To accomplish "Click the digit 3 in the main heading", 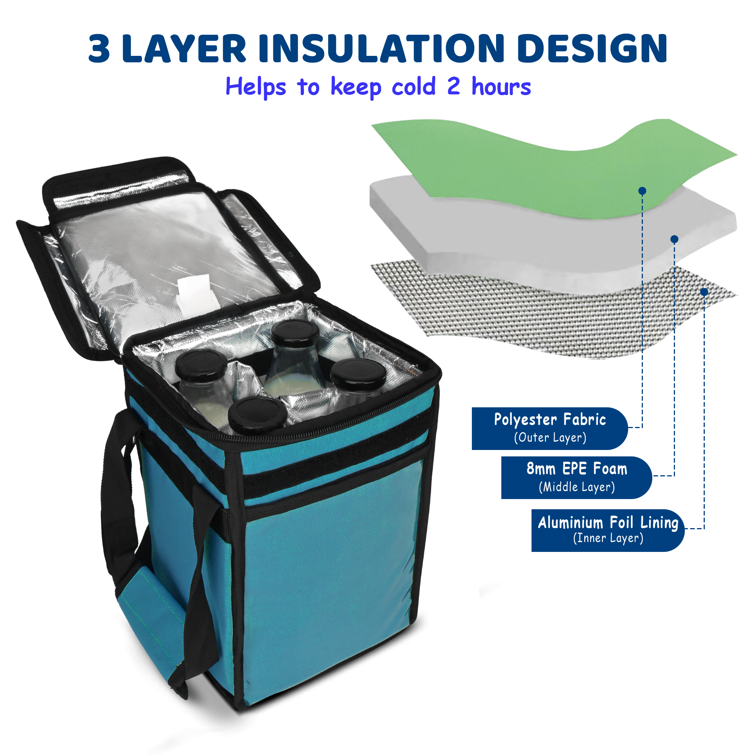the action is [x=99, y=48].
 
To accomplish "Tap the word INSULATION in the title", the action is [x=381, y=48].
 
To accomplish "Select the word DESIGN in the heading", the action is [x=592, y=48].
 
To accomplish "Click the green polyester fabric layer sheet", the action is [x=547, y=164].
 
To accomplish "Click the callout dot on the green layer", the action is [x=642, y=191].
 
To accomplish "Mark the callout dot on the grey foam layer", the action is [x=674, y=239].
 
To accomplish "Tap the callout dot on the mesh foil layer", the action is [x=704, y=292].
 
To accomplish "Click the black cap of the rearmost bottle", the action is [x=295, y=333].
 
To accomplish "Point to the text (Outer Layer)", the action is [x=550, y=438].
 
